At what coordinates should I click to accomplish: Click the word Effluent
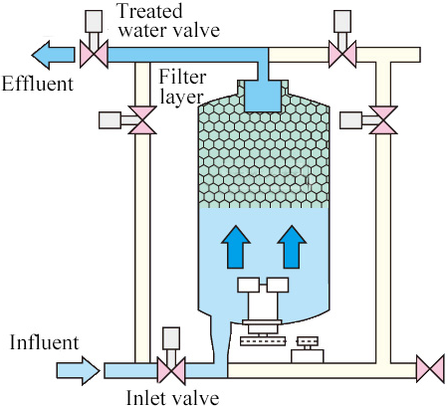[38, 84]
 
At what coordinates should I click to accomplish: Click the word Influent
[45, 342]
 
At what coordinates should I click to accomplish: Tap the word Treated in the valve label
[149, 11]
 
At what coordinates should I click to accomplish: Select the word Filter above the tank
[182, 77]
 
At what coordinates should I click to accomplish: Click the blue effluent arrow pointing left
[53, 55]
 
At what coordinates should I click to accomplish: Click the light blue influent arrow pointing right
[78, 370]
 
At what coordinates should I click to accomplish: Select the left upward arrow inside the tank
[236, 247]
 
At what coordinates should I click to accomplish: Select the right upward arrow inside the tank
[292, 247]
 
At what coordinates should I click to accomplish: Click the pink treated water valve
[94, 54]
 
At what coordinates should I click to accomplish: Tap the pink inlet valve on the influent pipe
[171, 370]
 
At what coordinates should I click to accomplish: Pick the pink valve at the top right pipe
[342, 54]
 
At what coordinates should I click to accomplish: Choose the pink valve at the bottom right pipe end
[430, 369]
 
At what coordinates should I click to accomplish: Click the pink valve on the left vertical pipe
[142, 120]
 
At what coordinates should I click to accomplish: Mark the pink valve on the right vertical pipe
[383, 120]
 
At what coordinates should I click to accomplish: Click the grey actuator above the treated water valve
[94, 21]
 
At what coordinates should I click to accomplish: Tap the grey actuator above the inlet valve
[171, 338]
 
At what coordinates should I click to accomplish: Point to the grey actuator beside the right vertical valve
[351, 120]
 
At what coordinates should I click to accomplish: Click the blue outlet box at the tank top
[263, 96]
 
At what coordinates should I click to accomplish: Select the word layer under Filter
[181, 98]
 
